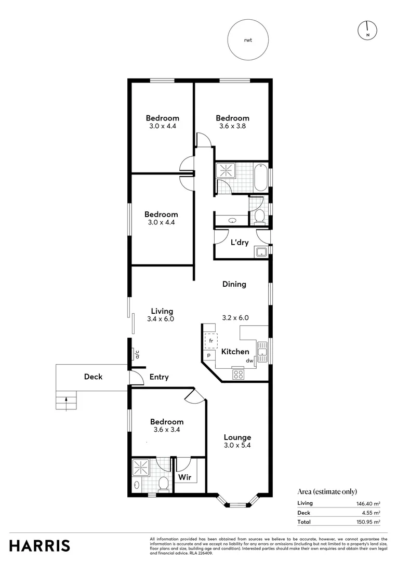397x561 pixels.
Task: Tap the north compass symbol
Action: [367, 31]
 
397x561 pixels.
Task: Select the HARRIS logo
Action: [40, 545]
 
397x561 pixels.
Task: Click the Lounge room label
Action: [237, 437]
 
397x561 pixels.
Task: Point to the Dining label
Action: [234, 284]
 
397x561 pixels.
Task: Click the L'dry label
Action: [239, 243]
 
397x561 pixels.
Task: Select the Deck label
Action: [93, 377]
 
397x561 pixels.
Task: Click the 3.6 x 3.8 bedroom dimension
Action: [232, 126]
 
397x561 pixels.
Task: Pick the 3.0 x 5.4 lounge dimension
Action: [237, 446]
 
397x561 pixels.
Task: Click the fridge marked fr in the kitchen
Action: [211, 341]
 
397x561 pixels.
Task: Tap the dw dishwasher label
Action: [249, 360]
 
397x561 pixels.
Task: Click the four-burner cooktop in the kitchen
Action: [238, 373]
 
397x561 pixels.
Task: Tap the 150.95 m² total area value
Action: [368, 522]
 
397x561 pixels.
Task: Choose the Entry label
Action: [159, 377]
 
